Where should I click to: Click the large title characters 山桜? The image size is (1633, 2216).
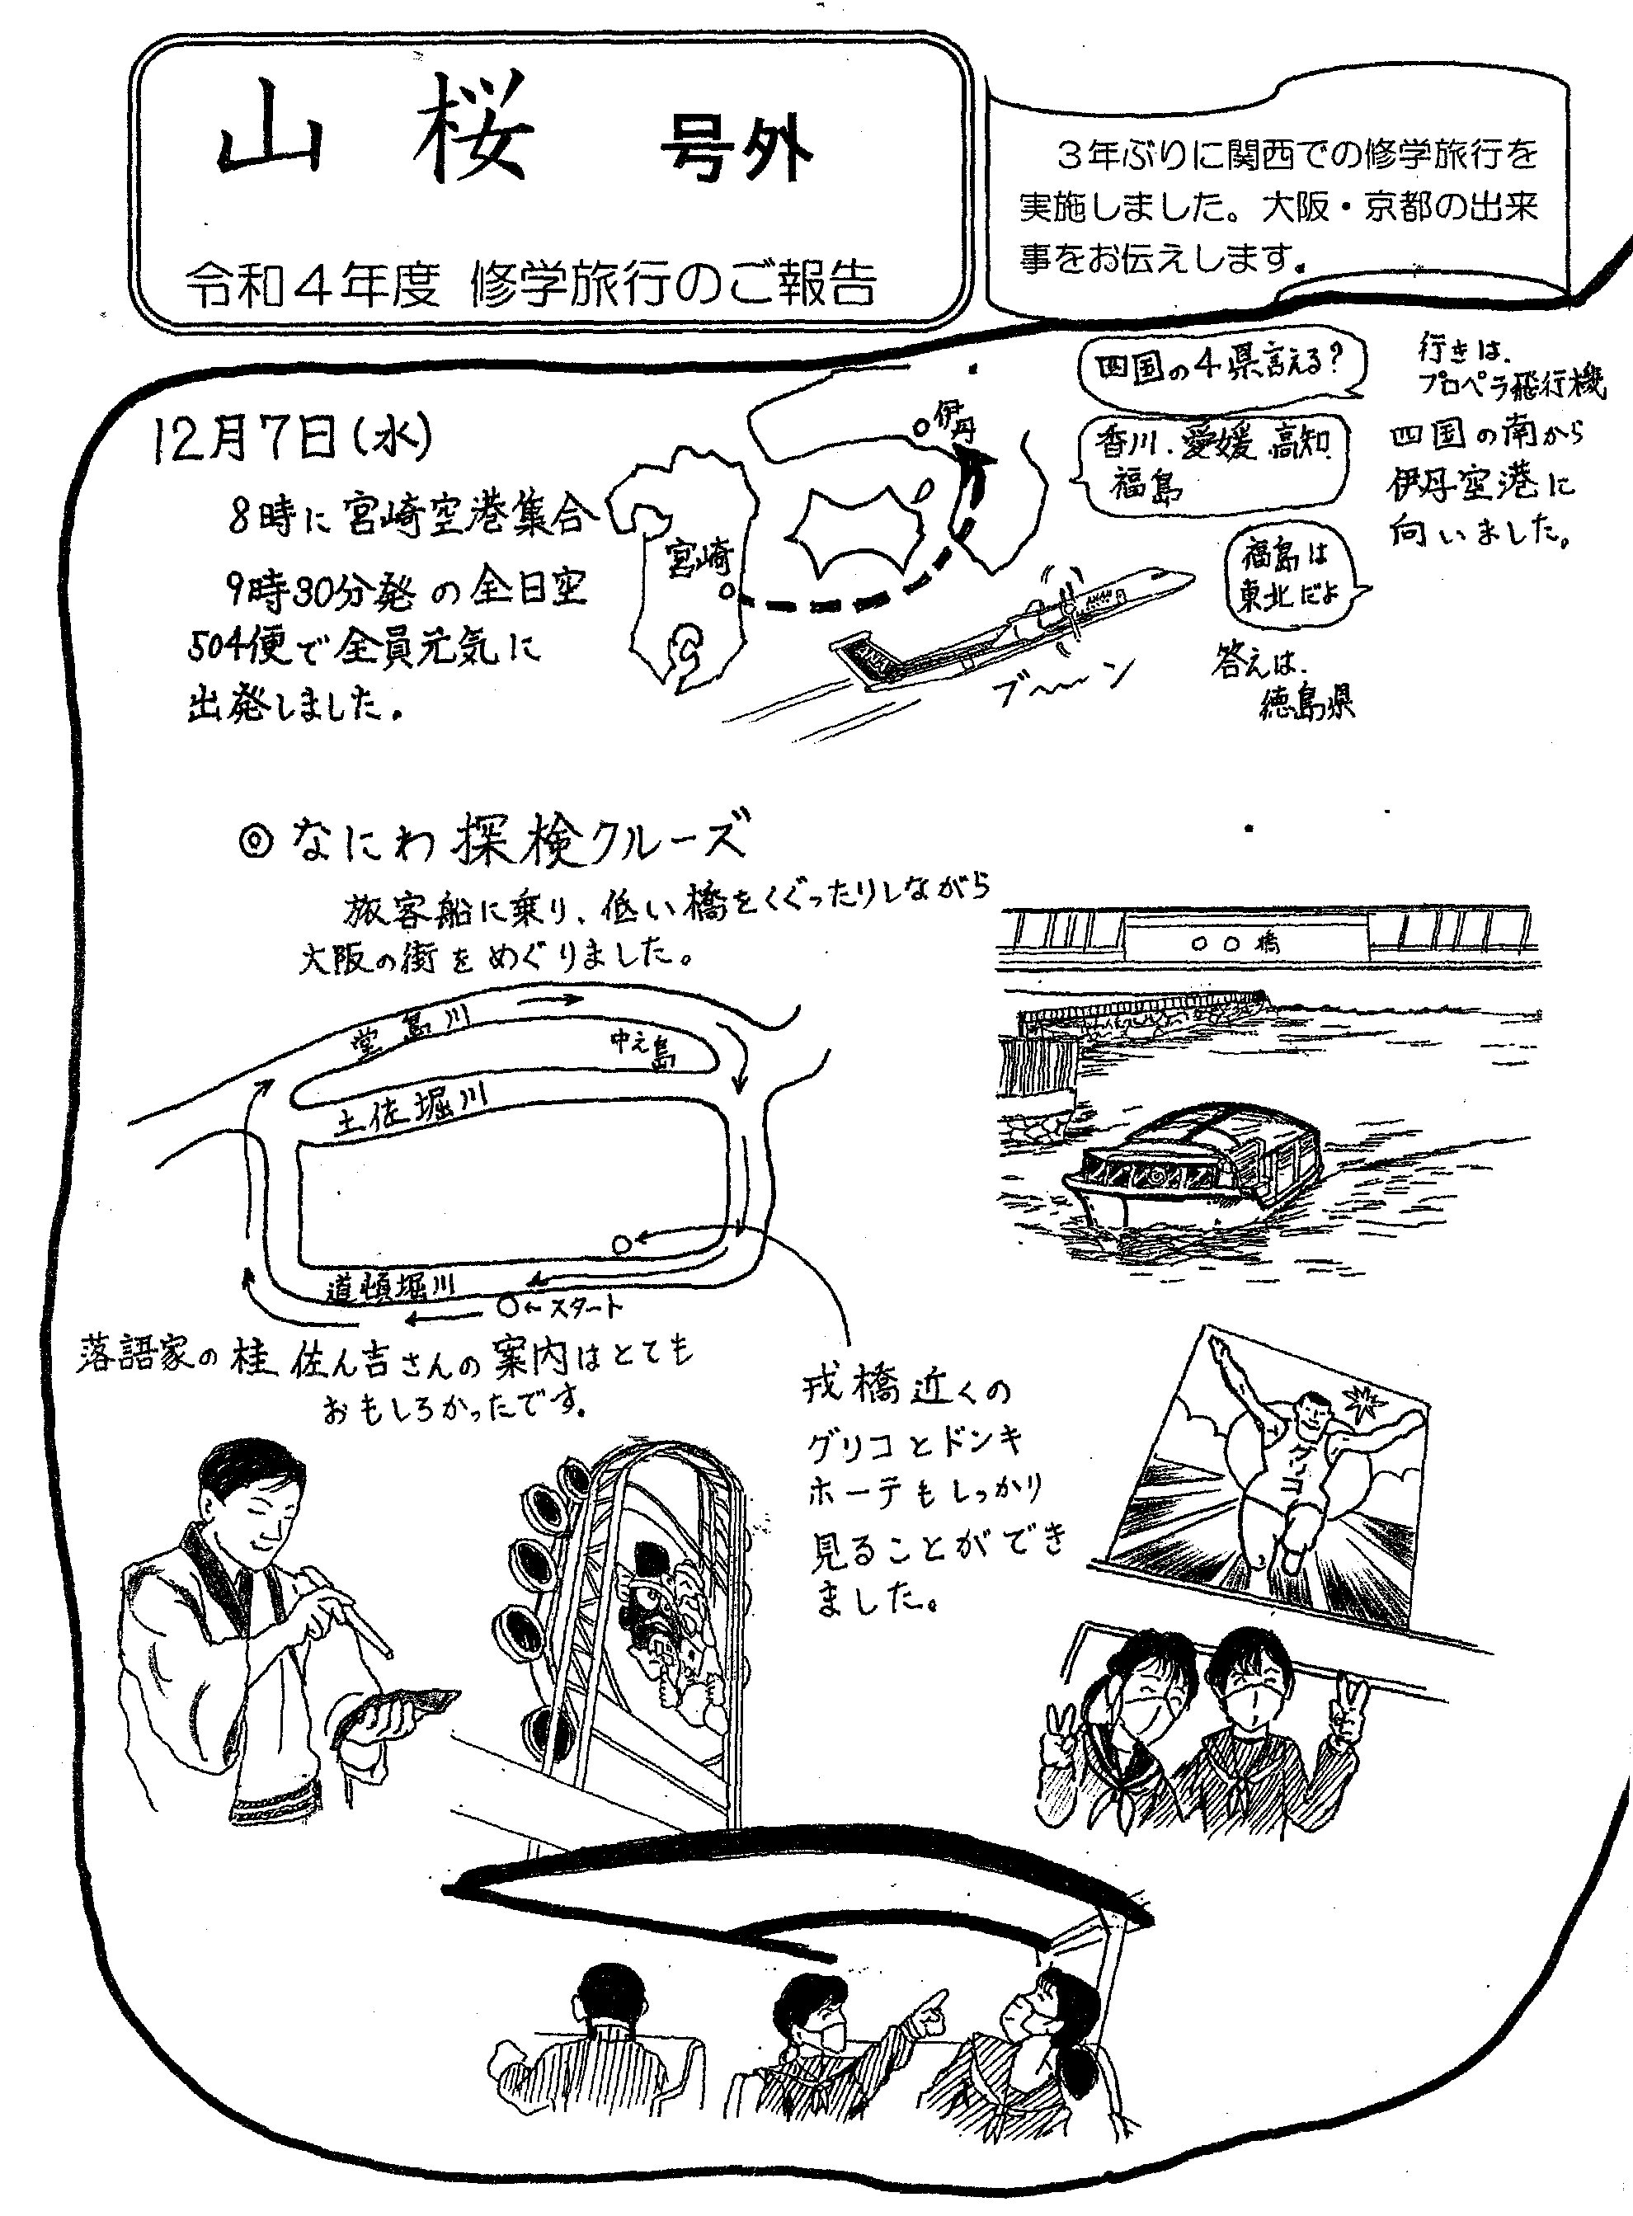375,140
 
